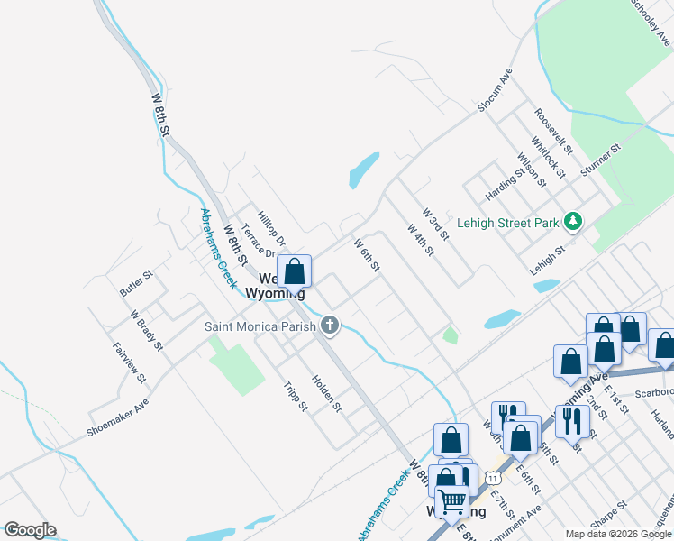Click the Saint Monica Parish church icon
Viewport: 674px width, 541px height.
[x=330, y=326]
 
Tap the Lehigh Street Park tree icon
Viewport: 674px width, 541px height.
[x=572, y=221]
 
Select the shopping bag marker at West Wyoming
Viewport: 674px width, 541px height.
[x=294, y=270]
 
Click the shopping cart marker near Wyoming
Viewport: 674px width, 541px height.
[x=451, y=500]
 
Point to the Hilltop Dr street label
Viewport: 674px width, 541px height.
[x=271, y=229]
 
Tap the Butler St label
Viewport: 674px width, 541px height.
[x=136, y=280]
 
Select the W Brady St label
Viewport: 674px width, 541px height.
[x=146, y=331]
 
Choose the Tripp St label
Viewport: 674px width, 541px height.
[x=295, y=395]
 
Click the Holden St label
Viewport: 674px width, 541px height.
[x=326, y=393]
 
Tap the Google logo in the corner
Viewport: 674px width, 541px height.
[x=30, y=530]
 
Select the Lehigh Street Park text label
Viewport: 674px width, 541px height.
[x=506, y=222]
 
